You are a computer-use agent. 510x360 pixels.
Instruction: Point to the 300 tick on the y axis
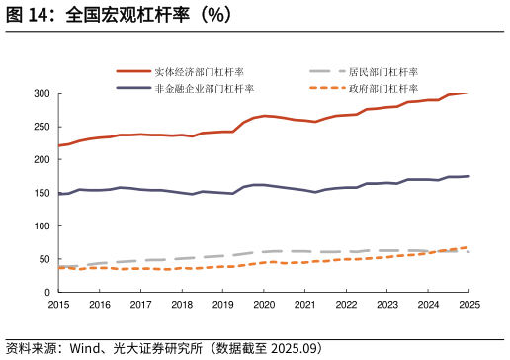pos(41,93)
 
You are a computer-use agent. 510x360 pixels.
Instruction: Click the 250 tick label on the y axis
pos(41,127)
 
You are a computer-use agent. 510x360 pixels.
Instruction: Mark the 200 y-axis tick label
pos(41,159)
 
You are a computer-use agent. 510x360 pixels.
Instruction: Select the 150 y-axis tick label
pos(41,193)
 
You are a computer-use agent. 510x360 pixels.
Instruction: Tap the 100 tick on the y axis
pos(41,226)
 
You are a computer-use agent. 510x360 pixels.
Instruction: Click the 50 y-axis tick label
pos(43,259)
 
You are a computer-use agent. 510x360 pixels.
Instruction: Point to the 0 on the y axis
pos(46,293)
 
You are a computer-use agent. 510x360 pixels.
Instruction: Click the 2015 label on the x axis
pos(58,305)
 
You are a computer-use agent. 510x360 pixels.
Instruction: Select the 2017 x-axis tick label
pos(140,305)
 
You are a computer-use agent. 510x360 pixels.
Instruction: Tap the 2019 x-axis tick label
pos(222,305)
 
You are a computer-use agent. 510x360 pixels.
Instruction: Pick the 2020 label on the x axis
pos(264,305)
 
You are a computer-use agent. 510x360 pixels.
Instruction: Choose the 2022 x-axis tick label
pos(346,305)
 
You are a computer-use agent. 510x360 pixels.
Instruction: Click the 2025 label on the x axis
pos(469,305)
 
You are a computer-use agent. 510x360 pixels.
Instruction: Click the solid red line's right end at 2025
pos(468,93)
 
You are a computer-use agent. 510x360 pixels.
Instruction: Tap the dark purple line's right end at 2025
pos(468,176)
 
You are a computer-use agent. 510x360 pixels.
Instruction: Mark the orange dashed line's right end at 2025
pos(468,247)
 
